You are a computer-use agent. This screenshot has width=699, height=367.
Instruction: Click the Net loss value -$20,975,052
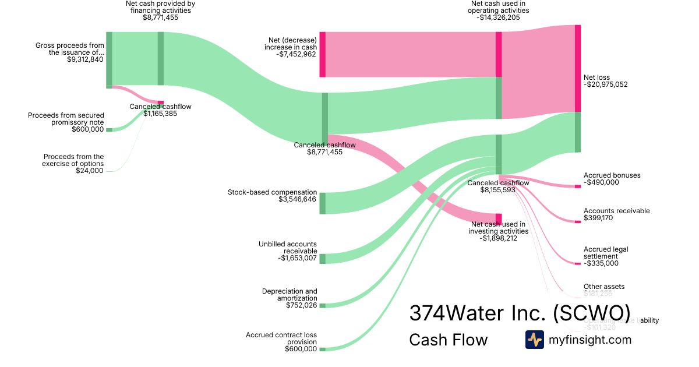(606, 84)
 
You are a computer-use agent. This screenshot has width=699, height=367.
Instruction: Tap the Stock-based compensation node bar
(322, 203)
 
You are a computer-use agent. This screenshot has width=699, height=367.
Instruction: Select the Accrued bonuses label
(612, 175)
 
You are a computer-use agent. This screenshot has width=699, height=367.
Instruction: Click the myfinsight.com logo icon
(534, 340)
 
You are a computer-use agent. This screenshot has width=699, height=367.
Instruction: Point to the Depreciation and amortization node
(322, 305)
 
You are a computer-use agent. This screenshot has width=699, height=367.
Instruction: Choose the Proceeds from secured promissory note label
(66, 119)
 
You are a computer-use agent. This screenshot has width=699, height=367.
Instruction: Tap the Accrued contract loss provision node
(322, 349)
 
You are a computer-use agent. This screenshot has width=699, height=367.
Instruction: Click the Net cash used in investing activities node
(499, 219)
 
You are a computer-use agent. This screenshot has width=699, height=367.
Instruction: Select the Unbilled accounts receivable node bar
(322, 259)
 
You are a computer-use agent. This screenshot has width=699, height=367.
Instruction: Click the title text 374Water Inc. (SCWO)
(520, 313)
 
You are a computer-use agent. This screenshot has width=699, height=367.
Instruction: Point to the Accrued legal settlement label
(606, 253)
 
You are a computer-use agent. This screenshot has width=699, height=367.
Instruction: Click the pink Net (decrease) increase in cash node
(322, 54)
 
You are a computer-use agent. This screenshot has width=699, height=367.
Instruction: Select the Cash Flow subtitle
(448, 340)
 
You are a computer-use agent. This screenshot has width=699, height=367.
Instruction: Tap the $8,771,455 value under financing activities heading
(160, 17)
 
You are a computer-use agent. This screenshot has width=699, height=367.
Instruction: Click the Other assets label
(604, 287)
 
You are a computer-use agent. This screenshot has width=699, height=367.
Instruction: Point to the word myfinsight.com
(590, 340)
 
